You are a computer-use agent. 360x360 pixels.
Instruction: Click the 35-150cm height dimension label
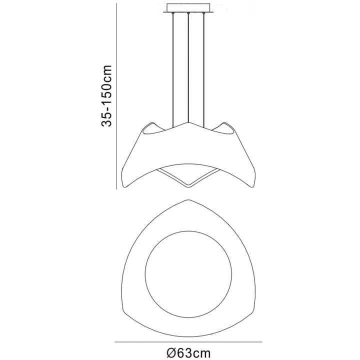(x=106, y=95)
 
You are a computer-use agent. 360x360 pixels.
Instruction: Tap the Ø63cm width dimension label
(x=188, y=352)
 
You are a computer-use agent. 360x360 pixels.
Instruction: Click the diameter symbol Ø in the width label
(x=171, y=352)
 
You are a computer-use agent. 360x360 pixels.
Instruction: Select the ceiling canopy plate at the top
(x=188, y=8)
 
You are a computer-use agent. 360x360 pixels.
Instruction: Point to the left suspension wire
(x=173, y=70)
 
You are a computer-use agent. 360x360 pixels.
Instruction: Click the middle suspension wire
(x=188, y=67)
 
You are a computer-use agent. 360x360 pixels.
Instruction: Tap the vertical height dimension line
(x=116, y=96)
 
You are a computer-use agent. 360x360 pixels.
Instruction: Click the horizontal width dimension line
(x=188, y=342)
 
